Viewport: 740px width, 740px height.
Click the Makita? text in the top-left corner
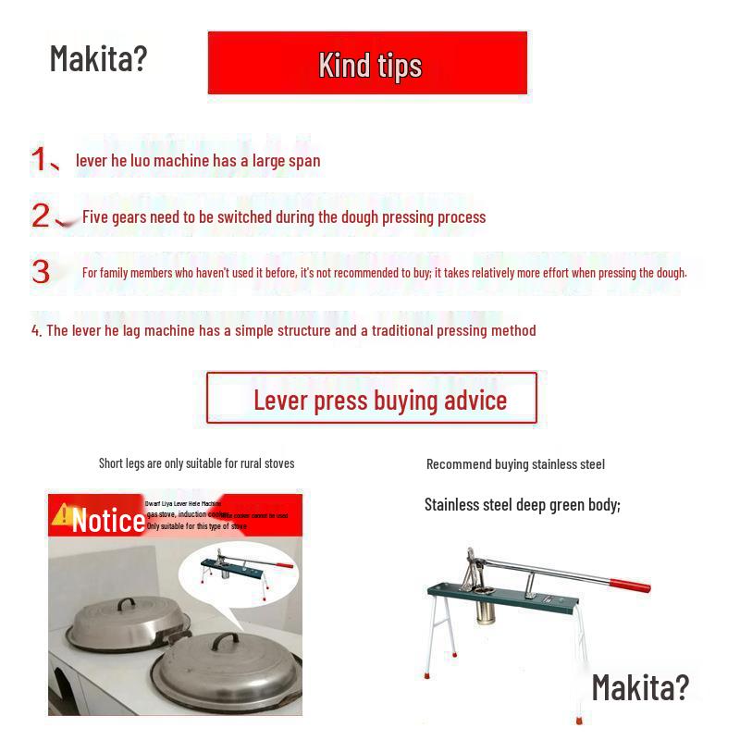pyautogui.click(x=98, y=57)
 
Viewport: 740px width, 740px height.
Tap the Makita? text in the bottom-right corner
pyautogui.click(x=640, y=686)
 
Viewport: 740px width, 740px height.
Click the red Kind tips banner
pyautogui.click(x=368, y=63)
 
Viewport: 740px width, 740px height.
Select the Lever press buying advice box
pyautogui.click(x=372, y=399)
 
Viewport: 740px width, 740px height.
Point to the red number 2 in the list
pyautogui.click(x=41, y=216)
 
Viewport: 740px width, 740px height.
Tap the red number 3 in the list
pyautogui.click(x=41, y=272)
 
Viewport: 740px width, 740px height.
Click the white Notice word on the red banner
pyautogui.click(x=108, y=521)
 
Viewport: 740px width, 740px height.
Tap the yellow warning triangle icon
pyautogui.click(x=62, y=515)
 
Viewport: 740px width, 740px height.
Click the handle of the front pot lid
pyautogui.click(x=228, y=641)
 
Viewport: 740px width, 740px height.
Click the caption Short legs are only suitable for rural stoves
pyautogui.click(x=196, y=462)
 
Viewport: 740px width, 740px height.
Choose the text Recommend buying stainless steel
pyautogui.click(x=515, y=464)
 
